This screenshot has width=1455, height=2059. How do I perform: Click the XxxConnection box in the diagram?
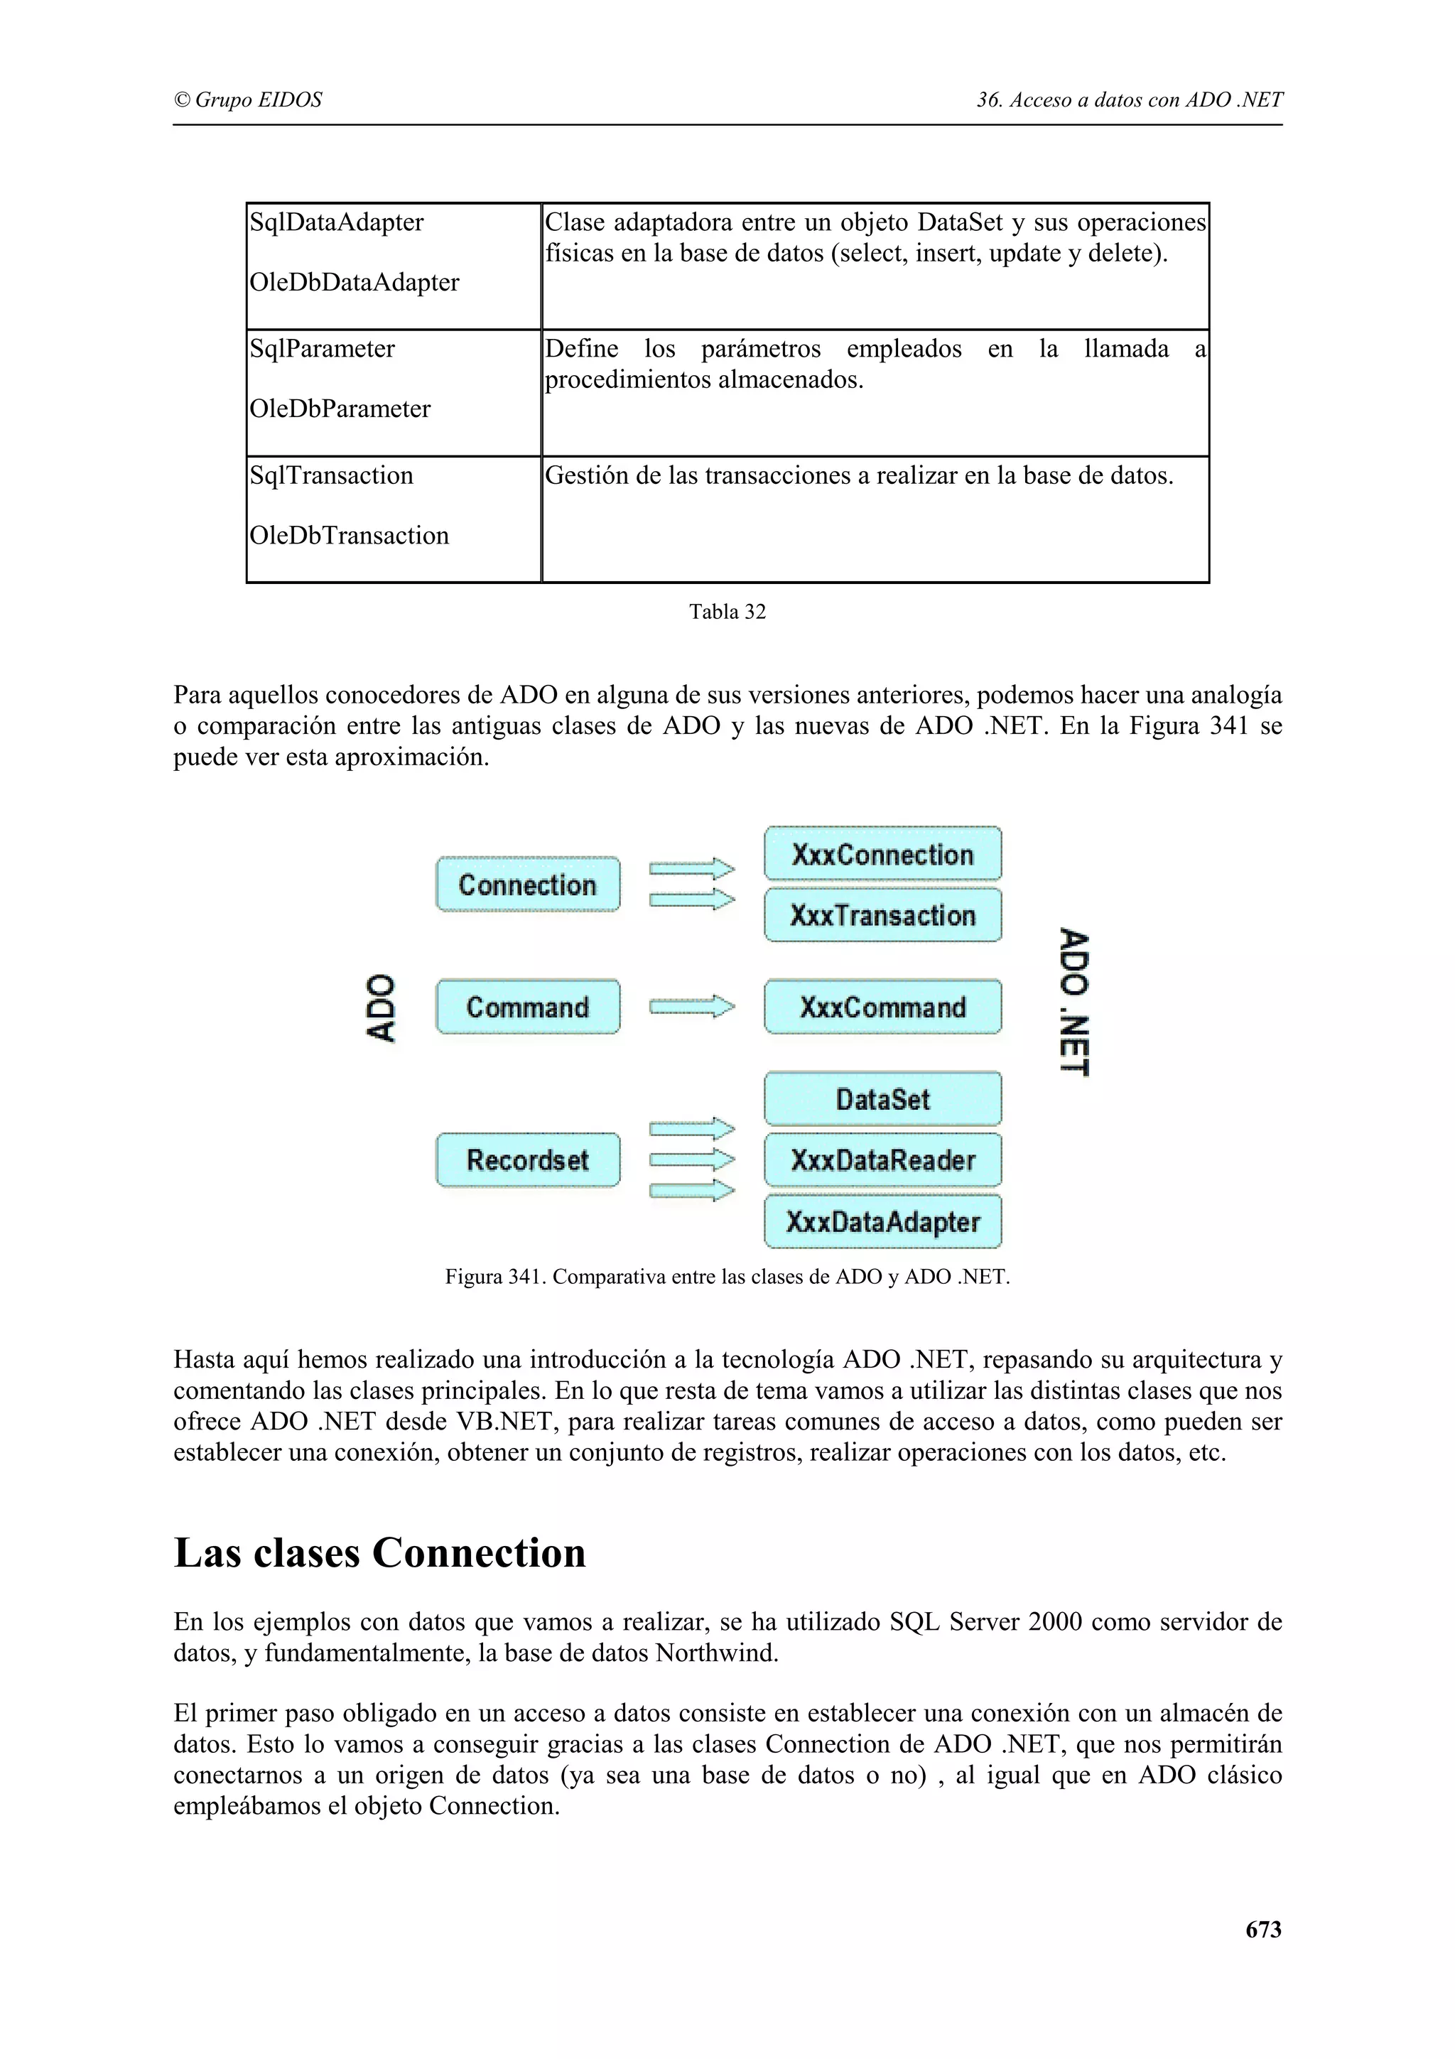click(882, 854)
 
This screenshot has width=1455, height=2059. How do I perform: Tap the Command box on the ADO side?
click(527, 1007)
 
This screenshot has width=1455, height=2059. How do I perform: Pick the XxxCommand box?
click(882, 1007)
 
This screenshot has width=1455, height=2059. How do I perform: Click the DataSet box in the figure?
click(882, 1098)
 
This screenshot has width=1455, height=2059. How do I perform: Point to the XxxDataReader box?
click(882, 1160)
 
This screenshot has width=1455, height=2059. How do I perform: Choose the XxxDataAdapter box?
click(882, 1221)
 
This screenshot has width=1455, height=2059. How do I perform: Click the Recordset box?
click(527, 1160)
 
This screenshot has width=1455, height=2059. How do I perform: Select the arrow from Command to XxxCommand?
click(691, 1007)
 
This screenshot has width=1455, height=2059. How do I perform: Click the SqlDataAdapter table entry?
click(336, 222)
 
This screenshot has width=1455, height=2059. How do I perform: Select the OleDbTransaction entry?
click(349, 536)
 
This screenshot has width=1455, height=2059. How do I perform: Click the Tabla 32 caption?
click(727, 612)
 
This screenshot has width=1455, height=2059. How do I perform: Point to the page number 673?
click(1262, 1930)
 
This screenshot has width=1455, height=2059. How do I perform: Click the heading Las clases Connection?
click(379, 1552)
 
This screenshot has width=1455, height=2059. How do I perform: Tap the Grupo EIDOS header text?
click(249, 99)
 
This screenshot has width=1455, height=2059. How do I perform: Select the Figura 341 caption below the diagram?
click(727, 1277)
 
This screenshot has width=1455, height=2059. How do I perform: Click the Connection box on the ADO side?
click(527, 885)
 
